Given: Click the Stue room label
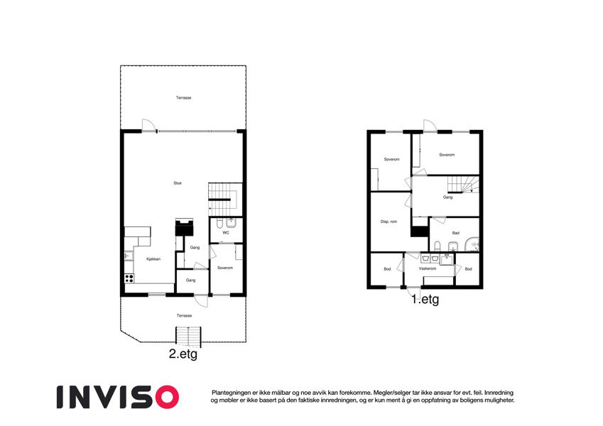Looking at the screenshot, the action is (178, 183).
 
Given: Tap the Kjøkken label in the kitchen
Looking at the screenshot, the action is (153, 259).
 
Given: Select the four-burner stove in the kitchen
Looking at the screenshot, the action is (129, 278).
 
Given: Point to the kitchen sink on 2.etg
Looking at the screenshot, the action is (129, 256).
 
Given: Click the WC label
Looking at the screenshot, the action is (226, 233).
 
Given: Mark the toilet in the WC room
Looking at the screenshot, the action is (219, 224).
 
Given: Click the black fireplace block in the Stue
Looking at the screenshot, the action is (184, 228).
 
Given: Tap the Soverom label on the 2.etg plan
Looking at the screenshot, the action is (225, 268).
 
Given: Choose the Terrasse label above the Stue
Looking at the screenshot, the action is (183, 98).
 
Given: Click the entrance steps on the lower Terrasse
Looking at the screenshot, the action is (188, 335).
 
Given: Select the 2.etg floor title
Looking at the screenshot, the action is (183, 354).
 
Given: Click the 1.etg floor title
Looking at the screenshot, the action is (425, 300).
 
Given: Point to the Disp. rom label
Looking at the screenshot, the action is (389, 222).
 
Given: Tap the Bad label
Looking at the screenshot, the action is (456, 233).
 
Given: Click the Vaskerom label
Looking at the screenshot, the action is (428, 269).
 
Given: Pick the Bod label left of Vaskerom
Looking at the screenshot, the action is (387, 269).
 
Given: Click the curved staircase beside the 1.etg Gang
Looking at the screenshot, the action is (463, 184).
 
